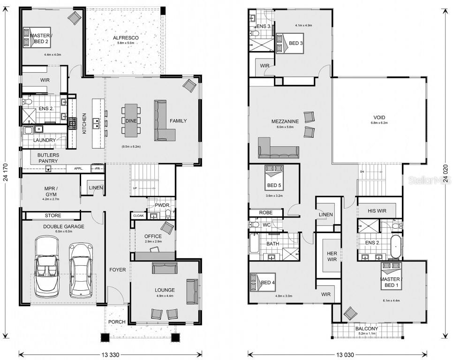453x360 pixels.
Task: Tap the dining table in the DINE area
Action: (x=131, y=120)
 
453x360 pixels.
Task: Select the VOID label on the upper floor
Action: (x=379, y=117)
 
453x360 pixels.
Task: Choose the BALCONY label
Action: (x=366, y=329)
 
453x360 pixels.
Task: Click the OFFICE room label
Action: (x=153, y=236)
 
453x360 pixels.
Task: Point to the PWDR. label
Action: (x=155, y=205)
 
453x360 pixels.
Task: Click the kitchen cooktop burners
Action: (x=73, y=123)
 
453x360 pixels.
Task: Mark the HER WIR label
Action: (x=332, y=256)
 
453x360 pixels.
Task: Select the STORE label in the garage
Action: (x=53, y=216)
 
